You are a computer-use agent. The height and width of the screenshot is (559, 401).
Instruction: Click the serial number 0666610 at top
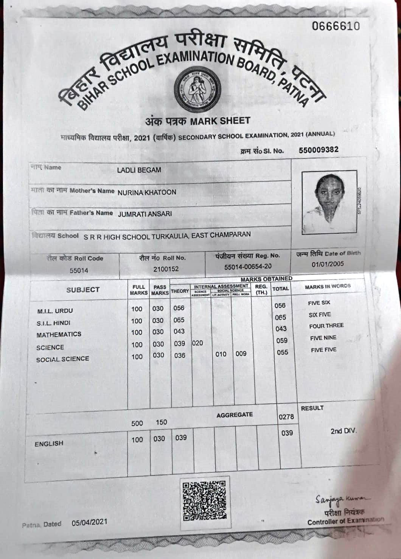(x=335, y=26)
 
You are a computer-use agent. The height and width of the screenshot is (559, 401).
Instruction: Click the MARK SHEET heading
(x=219, y=121)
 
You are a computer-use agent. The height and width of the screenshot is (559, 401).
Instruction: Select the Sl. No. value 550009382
(x=319, y=150)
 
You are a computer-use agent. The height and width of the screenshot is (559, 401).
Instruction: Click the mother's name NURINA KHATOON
(x=147, y=192)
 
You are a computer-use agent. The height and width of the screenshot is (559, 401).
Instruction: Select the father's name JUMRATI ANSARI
(x=145, y=214)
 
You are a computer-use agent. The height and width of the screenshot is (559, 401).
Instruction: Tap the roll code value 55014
(x=79, y=271)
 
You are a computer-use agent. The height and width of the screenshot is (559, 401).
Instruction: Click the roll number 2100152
(x=166, y=269)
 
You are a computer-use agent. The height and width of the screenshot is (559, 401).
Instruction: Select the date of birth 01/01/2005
(x=328, y=264)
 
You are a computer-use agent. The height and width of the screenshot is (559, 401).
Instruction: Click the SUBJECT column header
(x=83, y=290)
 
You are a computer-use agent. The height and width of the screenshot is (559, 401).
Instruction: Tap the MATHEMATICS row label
(x=59, y=335)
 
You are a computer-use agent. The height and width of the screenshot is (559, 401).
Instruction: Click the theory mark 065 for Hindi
(x=179, y=320)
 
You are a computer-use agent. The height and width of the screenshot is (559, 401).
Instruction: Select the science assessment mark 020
(x=197, y=343)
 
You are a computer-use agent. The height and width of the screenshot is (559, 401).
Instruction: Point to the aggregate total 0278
(x=286, y=417)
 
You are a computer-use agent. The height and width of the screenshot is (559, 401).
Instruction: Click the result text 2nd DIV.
(x=343, y=431)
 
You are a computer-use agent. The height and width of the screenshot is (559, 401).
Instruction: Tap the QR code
(x=204, y=500)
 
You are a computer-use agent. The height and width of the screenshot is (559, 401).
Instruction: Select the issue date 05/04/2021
(x=89, y=522)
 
